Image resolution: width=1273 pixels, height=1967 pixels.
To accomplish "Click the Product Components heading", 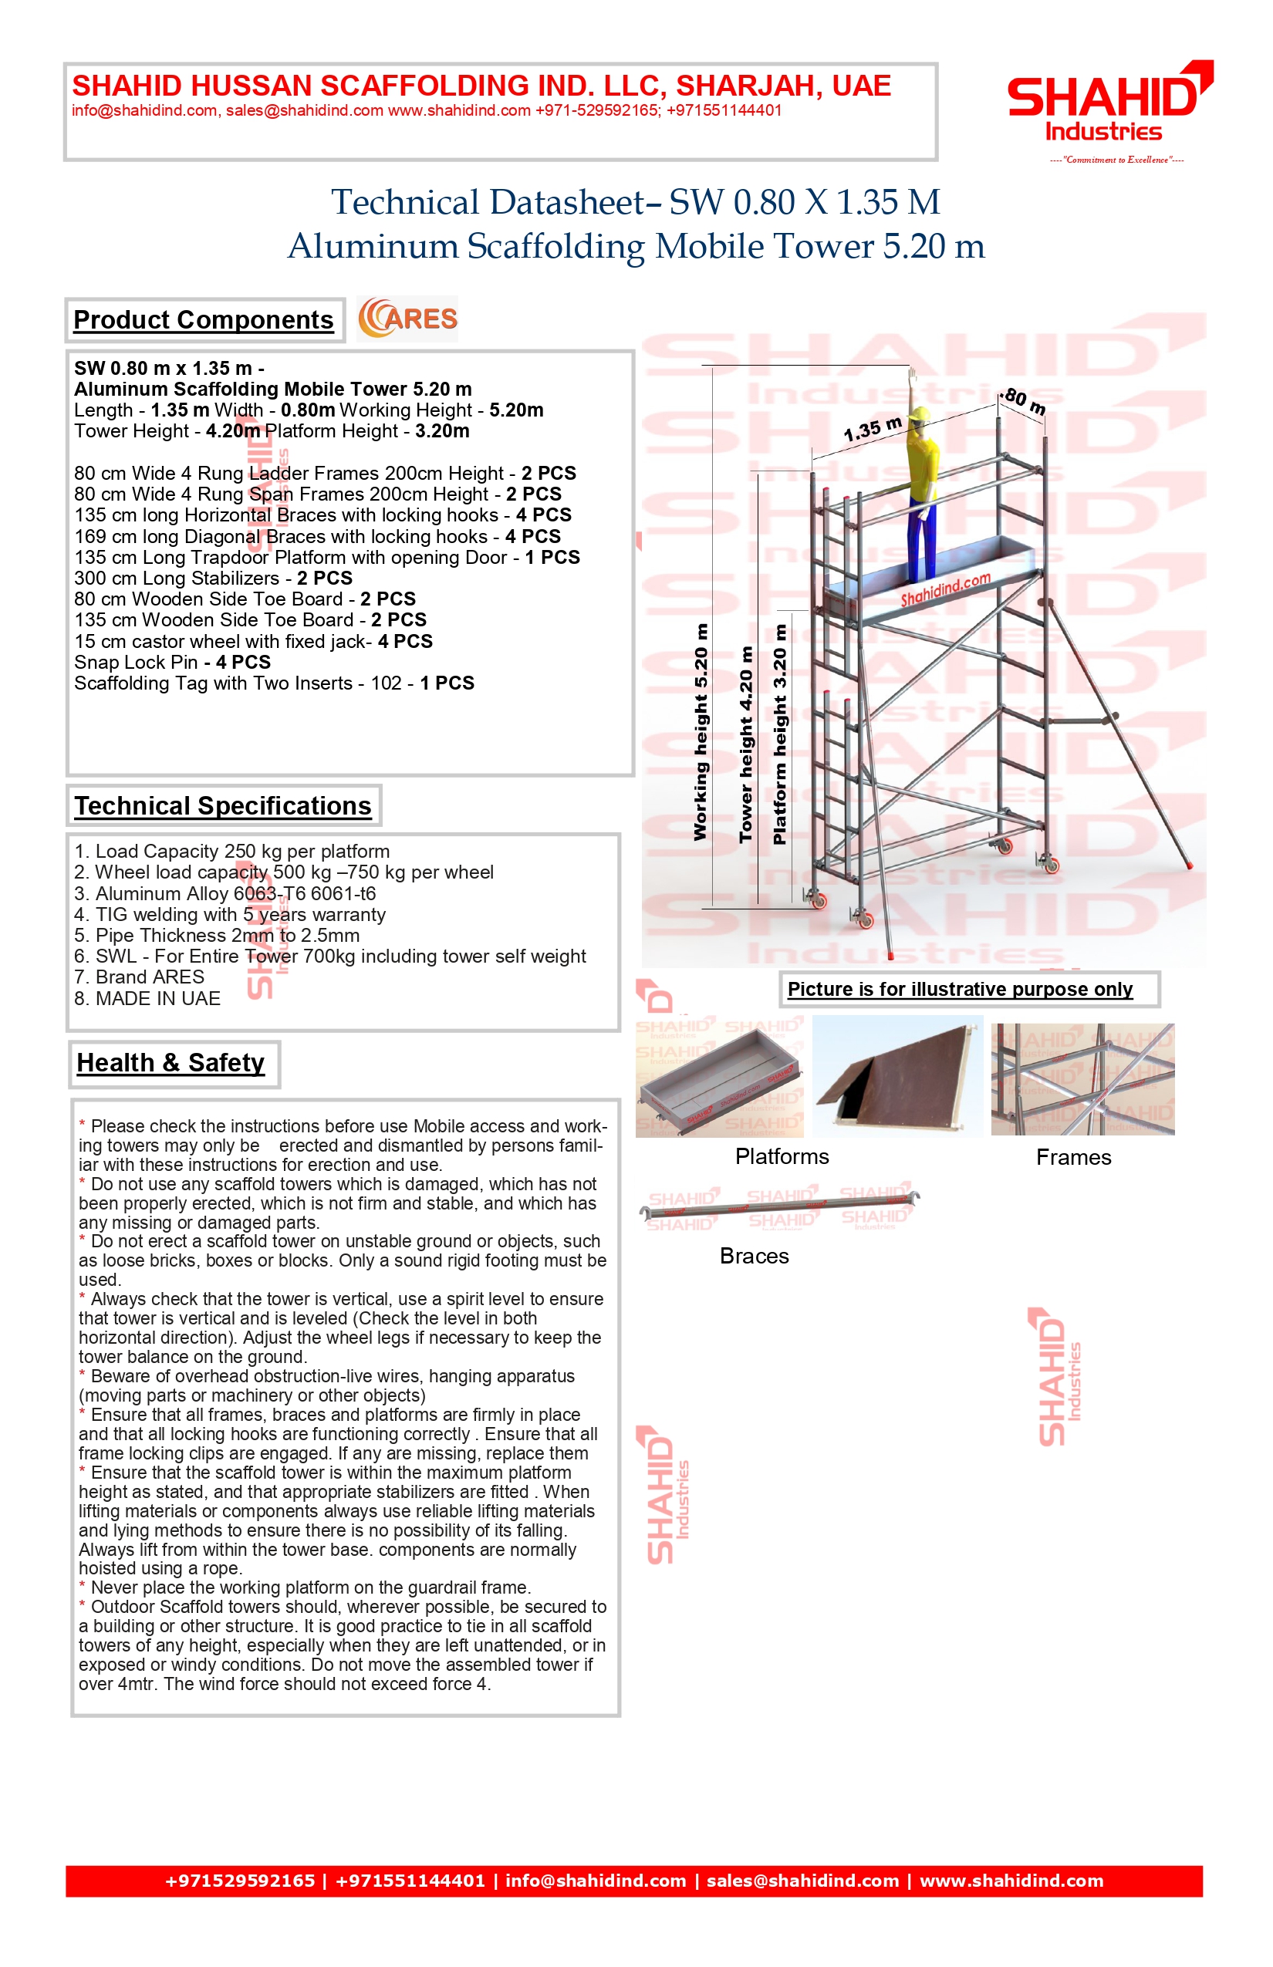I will [x=204, y=320].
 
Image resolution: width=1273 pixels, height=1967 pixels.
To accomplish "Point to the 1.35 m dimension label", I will [x=873, y=429].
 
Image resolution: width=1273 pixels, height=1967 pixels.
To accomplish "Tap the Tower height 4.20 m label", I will [x=745, y=744].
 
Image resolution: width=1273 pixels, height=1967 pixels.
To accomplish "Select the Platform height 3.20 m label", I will [x=778, y=734].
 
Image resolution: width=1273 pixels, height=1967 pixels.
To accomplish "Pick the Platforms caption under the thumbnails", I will [x=782, y=1156].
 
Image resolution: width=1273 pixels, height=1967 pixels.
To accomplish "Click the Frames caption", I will [x=1073, y=1157].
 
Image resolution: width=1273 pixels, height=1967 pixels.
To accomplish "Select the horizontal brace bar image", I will [x=779, y=1207].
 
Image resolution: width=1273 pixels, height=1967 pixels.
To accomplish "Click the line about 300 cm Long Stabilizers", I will [x=213, y=578].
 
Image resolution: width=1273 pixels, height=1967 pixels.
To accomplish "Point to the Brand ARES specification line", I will [x=139, y=977].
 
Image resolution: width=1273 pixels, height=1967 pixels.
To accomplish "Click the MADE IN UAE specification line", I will [x=147, y=998].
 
